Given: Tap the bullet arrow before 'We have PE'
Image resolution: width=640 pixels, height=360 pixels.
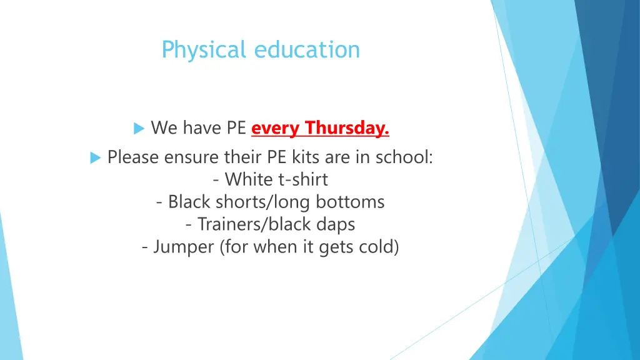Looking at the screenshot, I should (139, 129).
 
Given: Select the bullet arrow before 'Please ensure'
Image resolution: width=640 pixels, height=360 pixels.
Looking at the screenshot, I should (95, 157).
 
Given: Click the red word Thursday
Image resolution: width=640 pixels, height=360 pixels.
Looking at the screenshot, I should (347, 128).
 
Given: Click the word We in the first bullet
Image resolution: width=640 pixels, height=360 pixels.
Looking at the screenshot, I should (164, 128).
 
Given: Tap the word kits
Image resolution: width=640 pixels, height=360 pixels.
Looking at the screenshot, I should (305, 157).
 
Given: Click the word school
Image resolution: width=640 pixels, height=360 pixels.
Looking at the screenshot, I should (404, 157).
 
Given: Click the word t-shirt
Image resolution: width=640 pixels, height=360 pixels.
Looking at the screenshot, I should (302, 180).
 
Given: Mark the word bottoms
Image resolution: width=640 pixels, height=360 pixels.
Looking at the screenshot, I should (350, 202).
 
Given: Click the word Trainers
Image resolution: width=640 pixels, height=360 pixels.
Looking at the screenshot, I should (225, 224).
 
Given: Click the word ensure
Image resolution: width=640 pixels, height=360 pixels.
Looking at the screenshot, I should (191, 157).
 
